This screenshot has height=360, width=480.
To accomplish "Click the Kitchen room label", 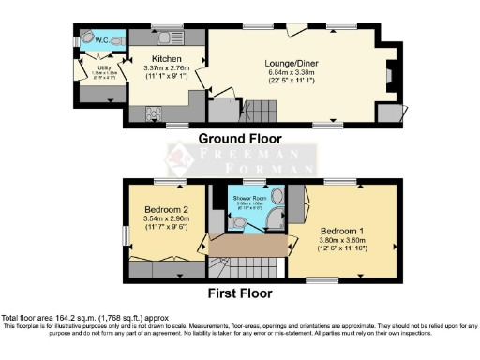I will (x=167, y=58).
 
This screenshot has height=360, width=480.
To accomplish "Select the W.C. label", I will (x=102, y=39).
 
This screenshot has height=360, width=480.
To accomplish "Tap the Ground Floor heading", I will (x=241, y=138).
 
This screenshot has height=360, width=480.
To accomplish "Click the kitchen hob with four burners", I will (x=153, y=113).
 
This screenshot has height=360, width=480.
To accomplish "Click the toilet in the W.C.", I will (x=86, y=37).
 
